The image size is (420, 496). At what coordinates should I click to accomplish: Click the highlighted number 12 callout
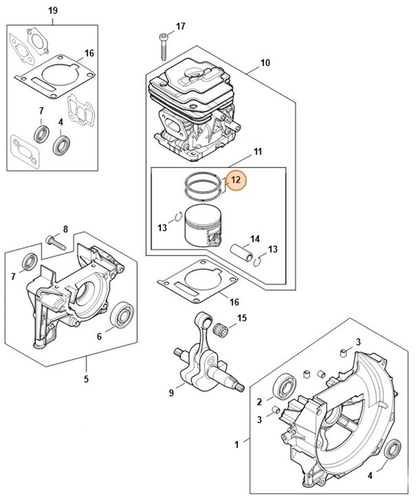236,180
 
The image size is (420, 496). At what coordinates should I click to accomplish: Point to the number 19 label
52,11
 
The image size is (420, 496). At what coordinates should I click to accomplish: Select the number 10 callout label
265,63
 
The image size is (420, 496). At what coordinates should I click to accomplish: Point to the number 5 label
86,378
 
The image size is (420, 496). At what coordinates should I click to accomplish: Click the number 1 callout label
236,445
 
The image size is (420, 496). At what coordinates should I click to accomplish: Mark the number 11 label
258,152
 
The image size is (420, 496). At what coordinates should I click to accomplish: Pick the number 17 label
181,27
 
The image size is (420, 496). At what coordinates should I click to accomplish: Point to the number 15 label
242,318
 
